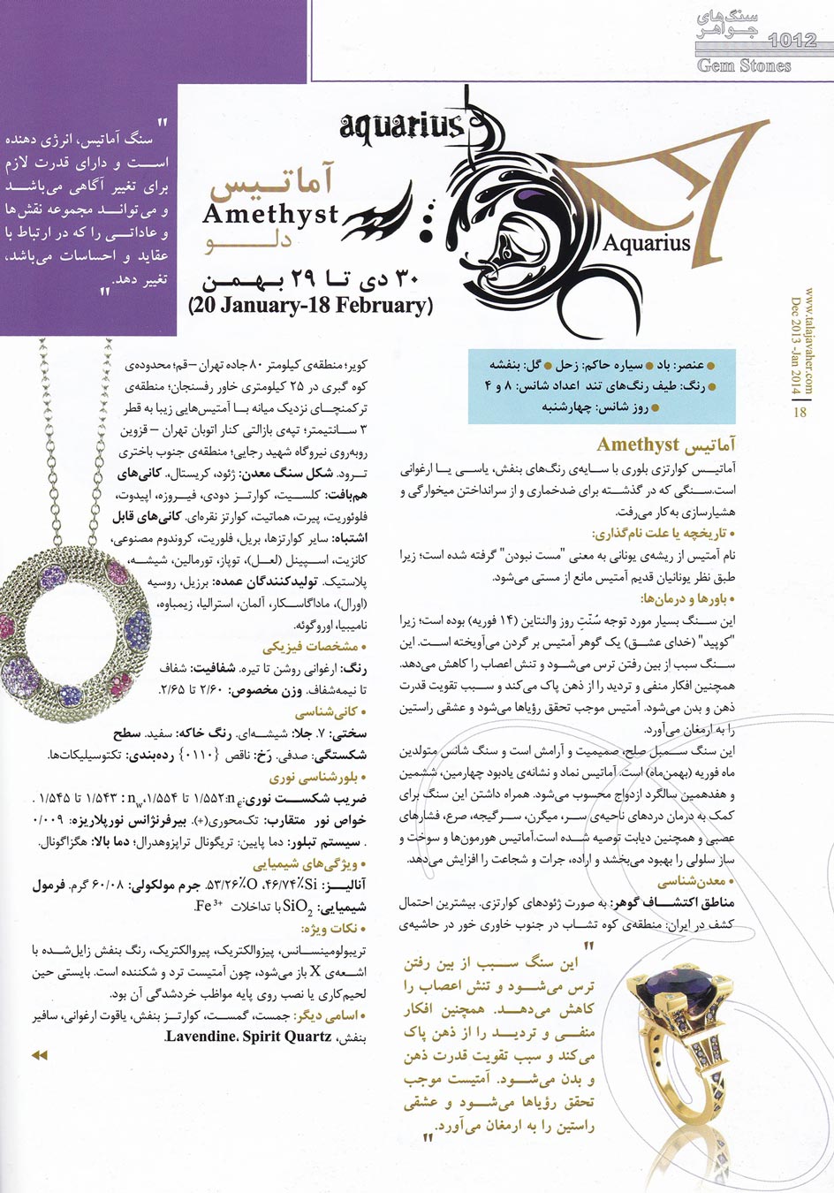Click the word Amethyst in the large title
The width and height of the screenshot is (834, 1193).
tap(270, 214)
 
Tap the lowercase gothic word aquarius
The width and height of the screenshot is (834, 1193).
tap(401, 127)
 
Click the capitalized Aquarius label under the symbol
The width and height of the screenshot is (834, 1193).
tap(647, 241)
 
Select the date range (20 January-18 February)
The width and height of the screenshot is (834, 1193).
tap(310, 305)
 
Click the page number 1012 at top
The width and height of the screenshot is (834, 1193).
tap(792, 39)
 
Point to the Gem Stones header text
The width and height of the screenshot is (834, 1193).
tap(744, 65)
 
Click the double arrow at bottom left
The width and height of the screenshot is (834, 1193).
tap(39, 1055)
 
